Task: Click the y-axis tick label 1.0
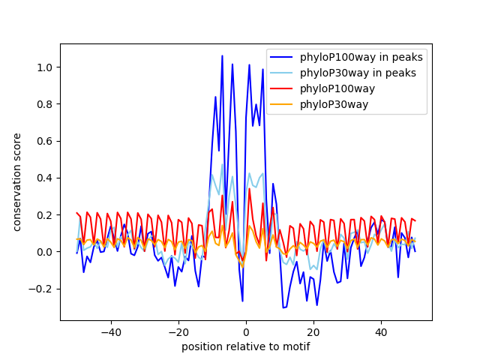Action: (x=45, y=67)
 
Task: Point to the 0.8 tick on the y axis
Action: (x=45, y=104)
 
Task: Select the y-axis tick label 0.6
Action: (x=45, y=141)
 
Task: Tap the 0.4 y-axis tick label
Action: (x=45, y=178)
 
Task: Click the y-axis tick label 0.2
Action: (x=45, y=214)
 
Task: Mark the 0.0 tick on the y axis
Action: (x=45, y=251)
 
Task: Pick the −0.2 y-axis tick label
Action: (x=42, y=288)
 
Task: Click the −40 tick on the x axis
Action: (x=110, y=331)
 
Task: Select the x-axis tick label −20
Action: (x=178, y=331)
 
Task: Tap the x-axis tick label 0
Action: (x=246, y=331)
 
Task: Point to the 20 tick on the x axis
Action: (x=313, y=331)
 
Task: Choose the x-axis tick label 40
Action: (x=381, y=331)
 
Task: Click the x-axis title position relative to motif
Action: (x=245, y=346)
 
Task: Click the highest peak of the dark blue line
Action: (x=222, y=56)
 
